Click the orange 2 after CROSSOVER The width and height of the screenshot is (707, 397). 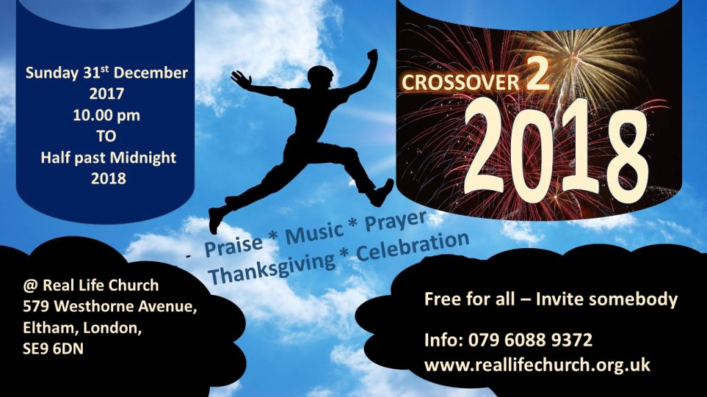(x=537, y=74)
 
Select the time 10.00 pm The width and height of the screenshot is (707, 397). (x=106, y=116)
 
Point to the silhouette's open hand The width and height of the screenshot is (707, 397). (x=241, y=79)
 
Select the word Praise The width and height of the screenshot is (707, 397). (x=233, y=245)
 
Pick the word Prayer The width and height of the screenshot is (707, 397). (x=396, y=221)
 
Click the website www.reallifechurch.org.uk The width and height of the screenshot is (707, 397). (x=537, y=365)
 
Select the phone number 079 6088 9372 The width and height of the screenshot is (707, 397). (x=530, y=340)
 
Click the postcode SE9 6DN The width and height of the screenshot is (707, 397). (x=53, y=349)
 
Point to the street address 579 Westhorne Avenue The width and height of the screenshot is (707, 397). (x=110, y=307)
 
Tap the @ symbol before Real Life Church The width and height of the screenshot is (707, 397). (x=30, y=285)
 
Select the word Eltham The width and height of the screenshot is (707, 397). (x=50, y=327)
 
